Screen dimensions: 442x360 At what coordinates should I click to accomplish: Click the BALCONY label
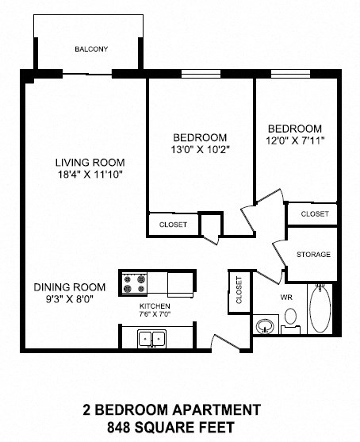91,49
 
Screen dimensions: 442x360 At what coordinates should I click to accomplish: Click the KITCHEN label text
155,306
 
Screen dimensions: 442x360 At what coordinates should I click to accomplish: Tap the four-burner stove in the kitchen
132,282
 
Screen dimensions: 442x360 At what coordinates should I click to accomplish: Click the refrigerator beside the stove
180,282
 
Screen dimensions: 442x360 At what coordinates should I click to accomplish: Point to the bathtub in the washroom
320,310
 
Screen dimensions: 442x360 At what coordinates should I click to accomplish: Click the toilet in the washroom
290,319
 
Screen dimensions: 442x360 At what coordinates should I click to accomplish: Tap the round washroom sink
264,325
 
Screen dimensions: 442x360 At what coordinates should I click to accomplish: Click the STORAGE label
313,255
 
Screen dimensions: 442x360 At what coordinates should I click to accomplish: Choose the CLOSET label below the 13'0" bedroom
173,225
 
